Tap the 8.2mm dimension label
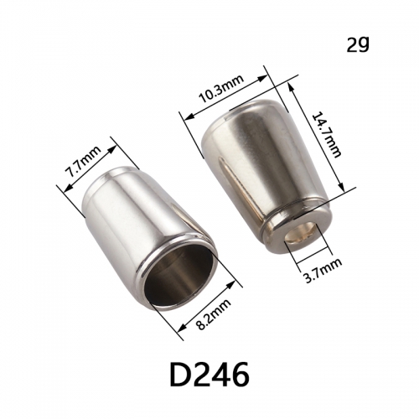click(215, 314)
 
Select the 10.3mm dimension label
click(221, 89)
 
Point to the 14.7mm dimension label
click(326, 135)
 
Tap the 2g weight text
click(358, 44)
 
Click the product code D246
click(209, 375)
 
